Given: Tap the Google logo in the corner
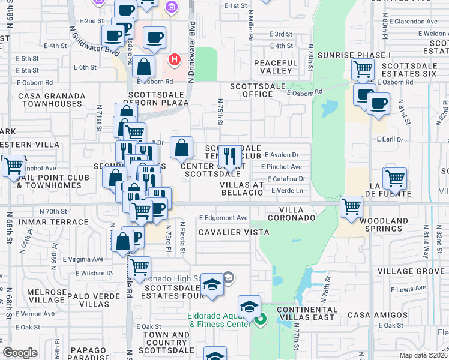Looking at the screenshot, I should point(20,353).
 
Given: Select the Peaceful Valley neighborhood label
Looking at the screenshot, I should point(276,67).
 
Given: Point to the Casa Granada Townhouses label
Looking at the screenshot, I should point(49,99).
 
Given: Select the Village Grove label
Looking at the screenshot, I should point(411,271).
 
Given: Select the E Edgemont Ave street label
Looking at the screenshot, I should point(223,218).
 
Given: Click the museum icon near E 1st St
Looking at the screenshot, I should point(171,7).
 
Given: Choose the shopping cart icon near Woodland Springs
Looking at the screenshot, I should point(352,207).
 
